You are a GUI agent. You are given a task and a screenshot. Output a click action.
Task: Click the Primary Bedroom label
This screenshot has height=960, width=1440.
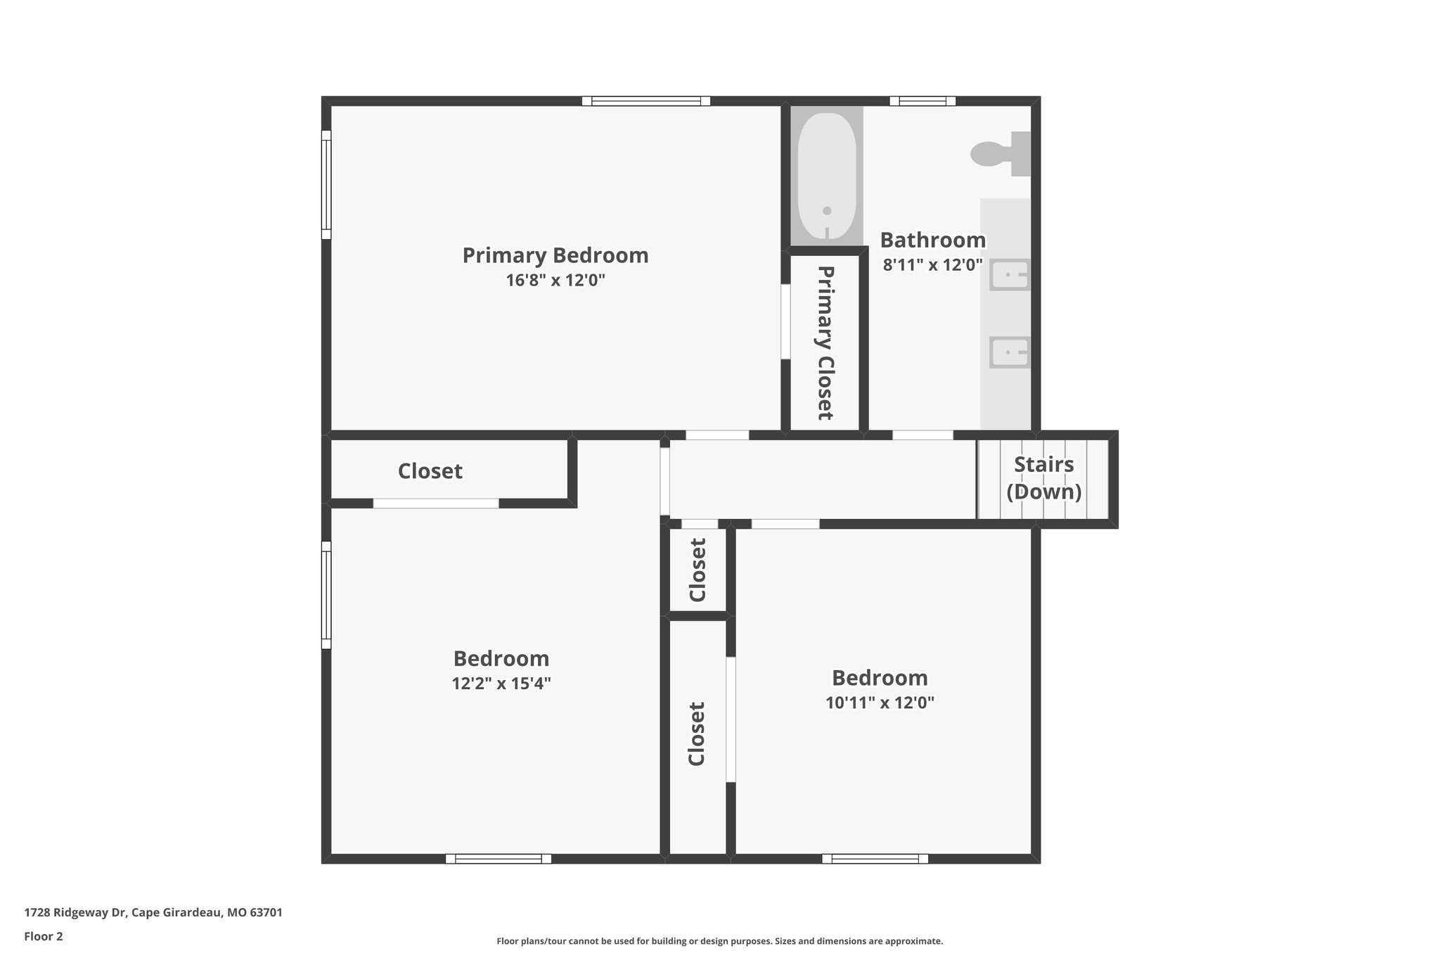[555, 255]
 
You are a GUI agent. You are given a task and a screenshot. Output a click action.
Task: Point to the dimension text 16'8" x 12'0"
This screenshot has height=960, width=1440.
[555, 281]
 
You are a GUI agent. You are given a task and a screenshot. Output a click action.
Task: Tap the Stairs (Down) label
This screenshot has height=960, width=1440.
[1043, 478]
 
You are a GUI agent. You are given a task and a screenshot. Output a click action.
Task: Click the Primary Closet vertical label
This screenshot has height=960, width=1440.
[825, 343]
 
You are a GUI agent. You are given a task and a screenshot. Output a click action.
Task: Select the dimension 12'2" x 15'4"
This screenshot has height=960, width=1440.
[501, 684]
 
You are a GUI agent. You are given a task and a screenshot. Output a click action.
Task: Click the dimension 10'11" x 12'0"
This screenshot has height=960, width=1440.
[879, 703]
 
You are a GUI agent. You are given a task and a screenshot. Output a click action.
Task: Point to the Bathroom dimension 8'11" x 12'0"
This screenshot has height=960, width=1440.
[932, 265]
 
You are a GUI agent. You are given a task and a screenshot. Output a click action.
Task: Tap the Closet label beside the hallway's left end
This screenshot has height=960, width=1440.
[430, 471]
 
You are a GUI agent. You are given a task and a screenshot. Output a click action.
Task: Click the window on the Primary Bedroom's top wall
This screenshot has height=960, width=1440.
[645, 101]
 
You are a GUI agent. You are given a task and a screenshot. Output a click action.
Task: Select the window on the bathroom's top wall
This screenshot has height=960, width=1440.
[922, 101]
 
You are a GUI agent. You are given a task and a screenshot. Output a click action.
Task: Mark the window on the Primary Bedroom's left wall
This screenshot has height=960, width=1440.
[326, 184]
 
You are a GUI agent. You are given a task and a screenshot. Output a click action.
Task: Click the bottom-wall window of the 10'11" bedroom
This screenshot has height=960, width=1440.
[875, 859]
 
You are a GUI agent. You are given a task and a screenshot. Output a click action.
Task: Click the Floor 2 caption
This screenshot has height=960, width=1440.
[44, 936]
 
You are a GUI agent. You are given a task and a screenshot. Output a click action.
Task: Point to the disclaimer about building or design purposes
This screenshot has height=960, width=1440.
[719, 941]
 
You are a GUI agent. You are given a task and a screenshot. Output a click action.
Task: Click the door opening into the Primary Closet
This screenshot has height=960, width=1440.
[785, 321]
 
